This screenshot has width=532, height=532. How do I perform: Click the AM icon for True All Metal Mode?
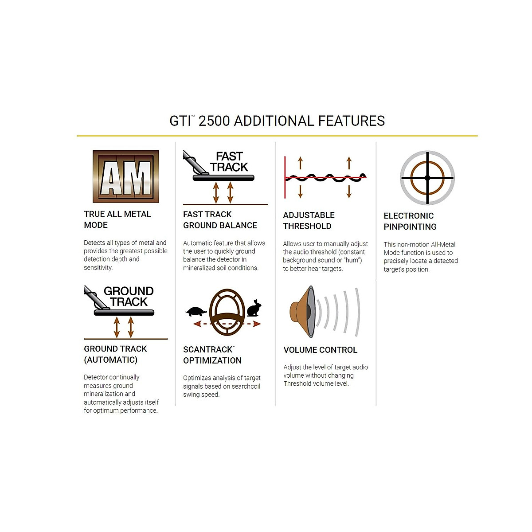tap(125, 176)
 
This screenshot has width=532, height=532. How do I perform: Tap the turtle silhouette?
tap(196, 312)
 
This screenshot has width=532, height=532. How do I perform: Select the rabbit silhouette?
tap(254, 308)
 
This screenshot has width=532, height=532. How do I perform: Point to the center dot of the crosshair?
tap(427, 178)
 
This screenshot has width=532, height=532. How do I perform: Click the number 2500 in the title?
tap(214, 121)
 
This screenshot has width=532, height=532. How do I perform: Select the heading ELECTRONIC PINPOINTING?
tap(410, 221)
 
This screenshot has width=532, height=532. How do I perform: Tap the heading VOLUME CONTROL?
tap(320, 350)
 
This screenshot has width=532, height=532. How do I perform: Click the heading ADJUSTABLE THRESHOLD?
tap(309, 221)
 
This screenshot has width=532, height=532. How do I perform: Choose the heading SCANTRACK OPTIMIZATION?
tap(212, 355)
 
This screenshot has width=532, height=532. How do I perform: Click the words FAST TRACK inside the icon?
tap(229, 162)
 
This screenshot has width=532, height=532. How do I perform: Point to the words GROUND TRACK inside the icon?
tap(129, 297)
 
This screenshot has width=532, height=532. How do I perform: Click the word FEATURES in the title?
tap(352, 121)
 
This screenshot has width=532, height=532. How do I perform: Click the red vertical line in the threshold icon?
tap(285, 177)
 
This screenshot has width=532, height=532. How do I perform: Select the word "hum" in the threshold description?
tap(352, 260)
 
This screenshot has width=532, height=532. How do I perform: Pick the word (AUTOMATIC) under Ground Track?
tap(110, 360)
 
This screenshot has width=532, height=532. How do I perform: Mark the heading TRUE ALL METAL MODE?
tap(117, 219)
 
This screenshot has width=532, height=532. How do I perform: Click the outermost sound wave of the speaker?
tap(358, 312)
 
